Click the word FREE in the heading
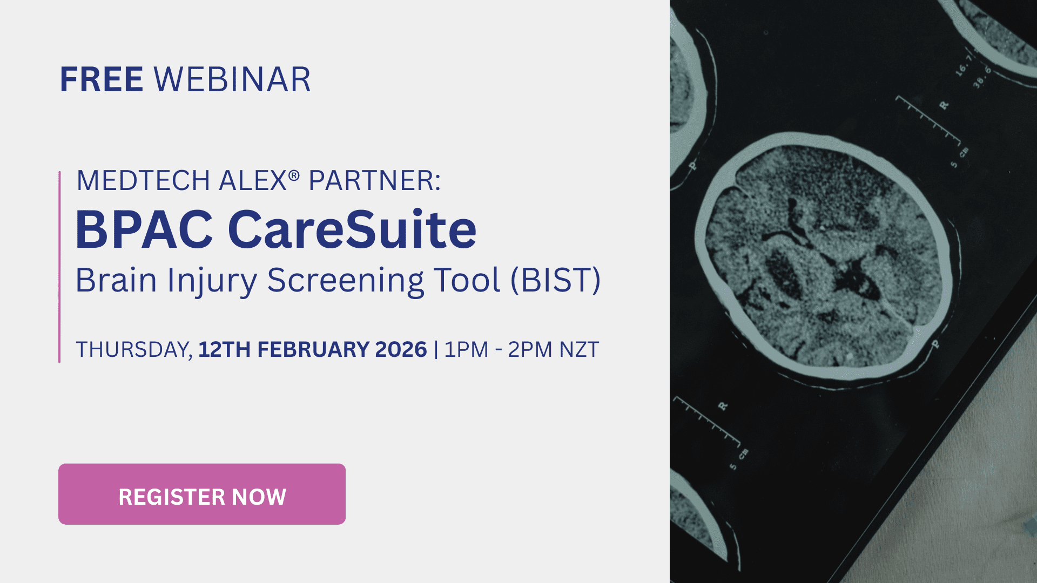click(x=101, y=80)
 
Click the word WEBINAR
click(x=232, y=80)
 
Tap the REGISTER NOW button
click(x=202, y=494)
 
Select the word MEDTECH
click(x=143, y=181)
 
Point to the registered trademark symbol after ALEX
click(x=294, y=175)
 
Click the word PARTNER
click(x=374, y=181)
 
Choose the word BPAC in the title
click(x=144, y=231)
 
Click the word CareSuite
click(x=352, y=231)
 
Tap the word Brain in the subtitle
click(x=116, y=280)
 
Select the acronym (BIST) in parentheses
click(x=556, y=280)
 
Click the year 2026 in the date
click(x=401, y=350)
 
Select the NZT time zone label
click(x=579, y=350)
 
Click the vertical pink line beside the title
click(x=59, y=267)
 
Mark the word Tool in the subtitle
click(x=467, y=280)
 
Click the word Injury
click(x=212, y=281)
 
